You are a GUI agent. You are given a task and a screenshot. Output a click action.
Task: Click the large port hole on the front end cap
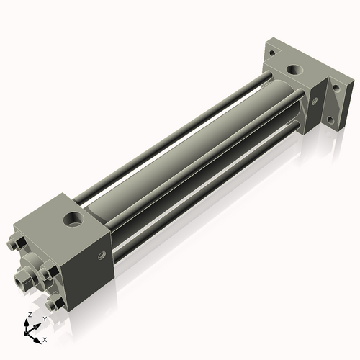click(x=74, y=218)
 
